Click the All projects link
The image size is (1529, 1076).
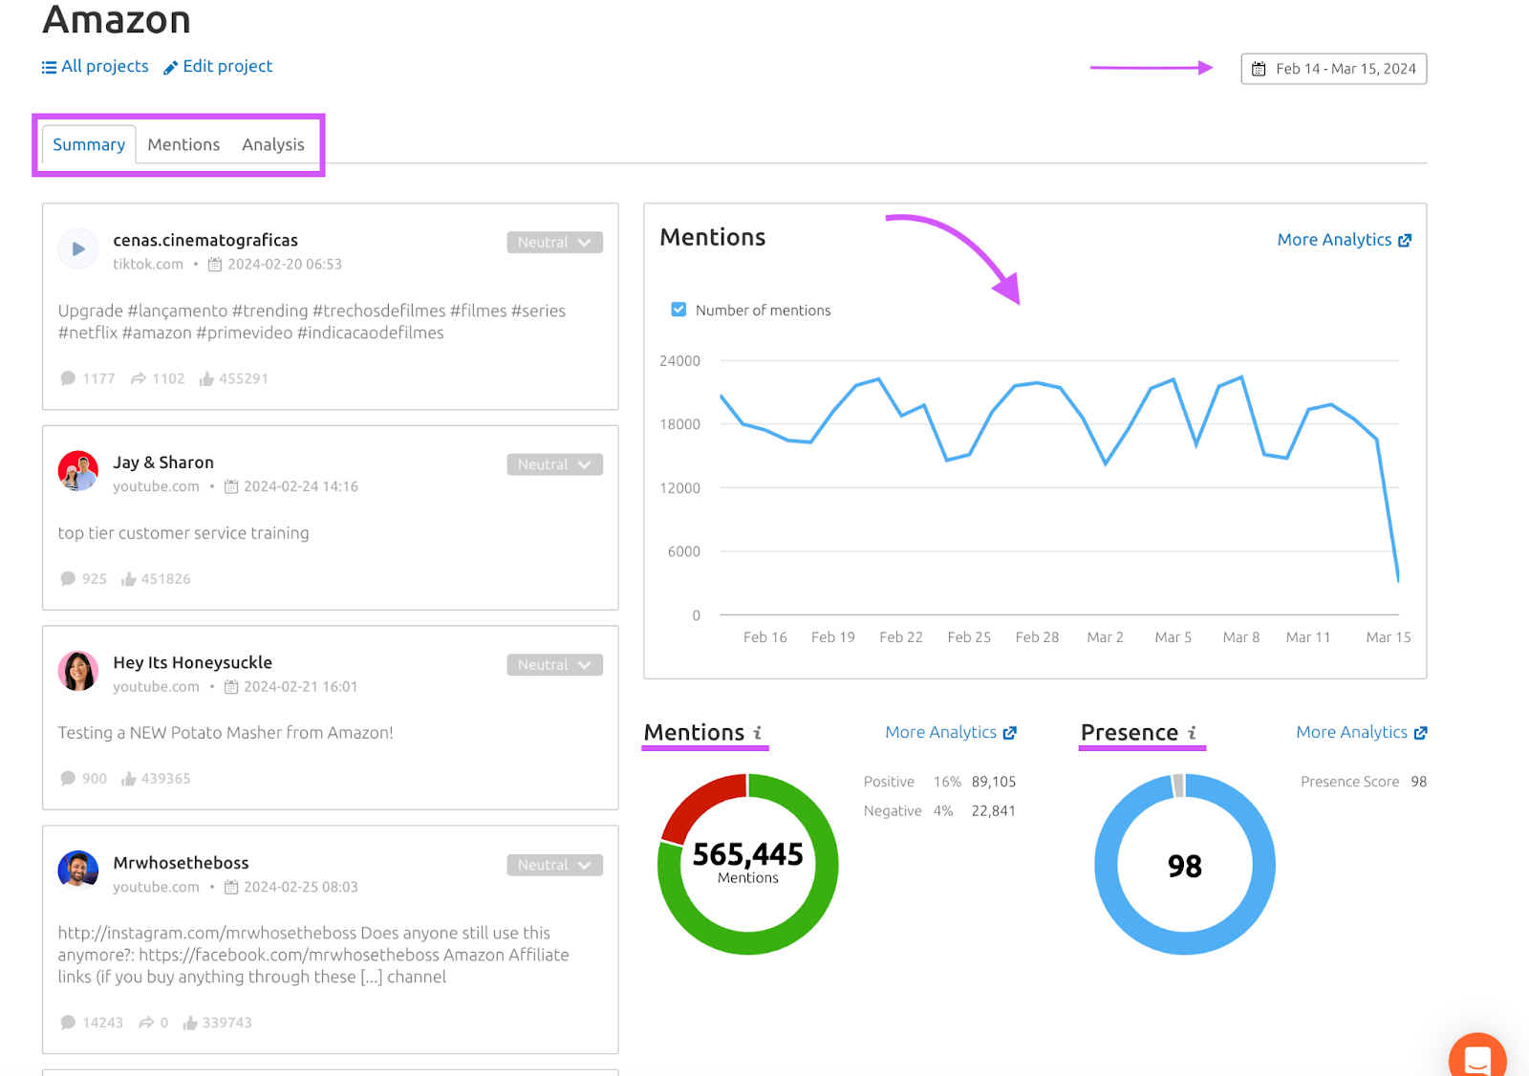(x=96, y=67)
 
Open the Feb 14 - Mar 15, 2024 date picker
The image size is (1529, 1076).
(x=1333, y=69)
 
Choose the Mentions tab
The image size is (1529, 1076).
(x=183, y=144)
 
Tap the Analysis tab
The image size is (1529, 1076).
(x=272, y=144)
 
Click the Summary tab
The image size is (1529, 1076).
(x=89, y=144)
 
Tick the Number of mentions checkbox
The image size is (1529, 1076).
(x=678, y=310)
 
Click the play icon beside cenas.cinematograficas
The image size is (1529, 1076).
(x=78, y=249)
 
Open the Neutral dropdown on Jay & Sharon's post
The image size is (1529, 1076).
(x=554, y=464)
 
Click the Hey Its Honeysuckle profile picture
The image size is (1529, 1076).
(x=78, y=671)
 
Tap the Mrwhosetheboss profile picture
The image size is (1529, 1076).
(x=78, y=871)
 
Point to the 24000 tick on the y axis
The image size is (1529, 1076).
(x=679, y=361)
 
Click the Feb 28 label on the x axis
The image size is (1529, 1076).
(x=1037, y=637)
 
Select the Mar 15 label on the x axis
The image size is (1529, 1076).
(x=1388, y=637)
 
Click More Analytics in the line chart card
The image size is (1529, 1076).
(x=1344, y=240)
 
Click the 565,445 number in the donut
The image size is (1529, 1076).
(x=747, y=854)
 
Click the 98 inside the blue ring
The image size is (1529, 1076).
(x=1184, y=866)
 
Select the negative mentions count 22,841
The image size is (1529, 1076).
(x=993, y=811)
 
